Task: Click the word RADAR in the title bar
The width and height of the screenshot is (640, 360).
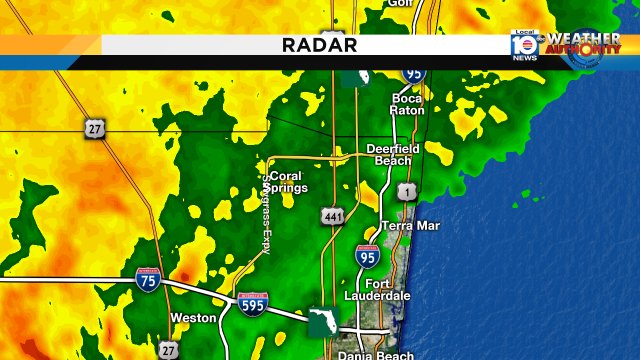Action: pyautogui.click(x=319, y=45)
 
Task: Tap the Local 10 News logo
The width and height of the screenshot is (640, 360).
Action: pyautogui.click(x=524, y=44)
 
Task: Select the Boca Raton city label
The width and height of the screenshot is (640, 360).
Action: pyautogui.click(x=408, y=104)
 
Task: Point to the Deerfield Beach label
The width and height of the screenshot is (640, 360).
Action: pyautogui.click(x=394, y=154)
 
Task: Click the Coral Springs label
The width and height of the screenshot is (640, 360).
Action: pyautogui.click(x=286, y=182)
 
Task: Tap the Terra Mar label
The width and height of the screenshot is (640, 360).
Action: pyautogui.click(x=411, y=226)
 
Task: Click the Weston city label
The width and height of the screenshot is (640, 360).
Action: pyautogui.click(x=194, y=318)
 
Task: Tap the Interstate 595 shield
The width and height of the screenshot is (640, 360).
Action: pyautogui.click(x=251, y=304)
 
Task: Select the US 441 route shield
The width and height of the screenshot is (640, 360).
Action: pyautogui.click(x=333, y=215)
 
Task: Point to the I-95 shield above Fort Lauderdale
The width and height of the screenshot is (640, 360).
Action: pyautogui.click(x=368, y=257)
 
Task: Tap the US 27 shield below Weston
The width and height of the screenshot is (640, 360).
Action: pyautogui.click(x=167, y=349)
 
